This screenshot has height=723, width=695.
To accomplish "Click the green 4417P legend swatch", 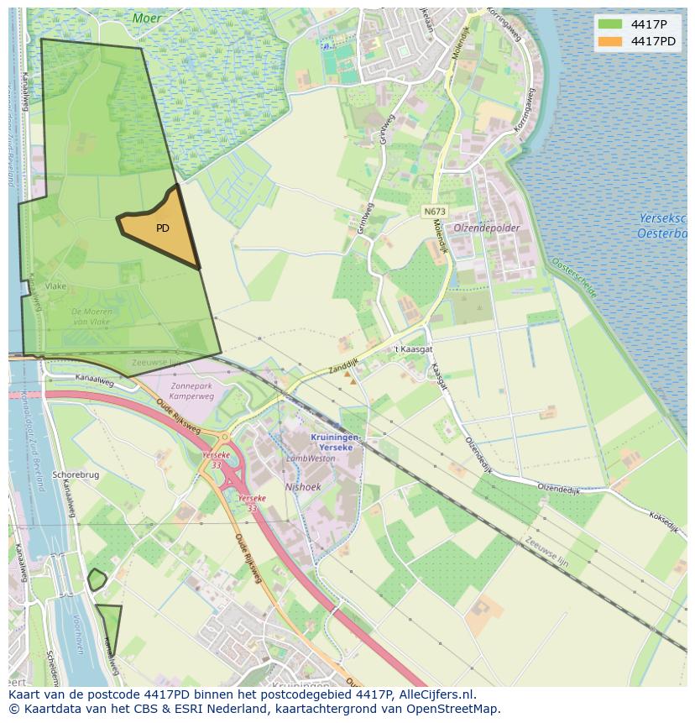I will pyautogui.click(x=610, y=24).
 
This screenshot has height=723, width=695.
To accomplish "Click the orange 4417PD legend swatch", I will pyautogui.click(x=610, y=41).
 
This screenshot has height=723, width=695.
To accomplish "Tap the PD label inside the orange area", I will pyautogui.click(x=163, y=228).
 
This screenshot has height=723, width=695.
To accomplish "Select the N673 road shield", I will pyautogui.click(x=435, y=212).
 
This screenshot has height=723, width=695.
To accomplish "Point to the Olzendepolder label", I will pyautogui.click(x=487, y=228).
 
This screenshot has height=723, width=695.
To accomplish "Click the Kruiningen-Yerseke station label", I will pyautogui.click(x=336, y=443).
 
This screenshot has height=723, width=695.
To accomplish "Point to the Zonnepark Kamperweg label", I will pyautogui.click(x=191, y=390).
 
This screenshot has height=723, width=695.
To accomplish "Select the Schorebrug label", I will pyautogui.click(x=76, y=474).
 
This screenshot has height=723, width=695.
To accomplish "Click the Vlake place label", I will pyautogui.click(x=55, y=286).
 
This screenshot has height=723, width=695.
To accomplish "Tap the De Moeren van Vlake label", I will pyautogui.click(x=91, y=317).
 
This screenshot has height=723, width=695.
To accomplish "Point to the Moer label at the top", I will pyautogui.click(x=147, y=18).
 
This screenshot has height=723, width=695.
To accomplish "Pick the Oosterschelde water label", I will pyautogui.click(x=575, y=278).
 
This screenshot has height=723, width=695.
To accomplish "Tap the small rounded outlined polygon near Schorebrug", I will pyautogui.click(x=97, y=579).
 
